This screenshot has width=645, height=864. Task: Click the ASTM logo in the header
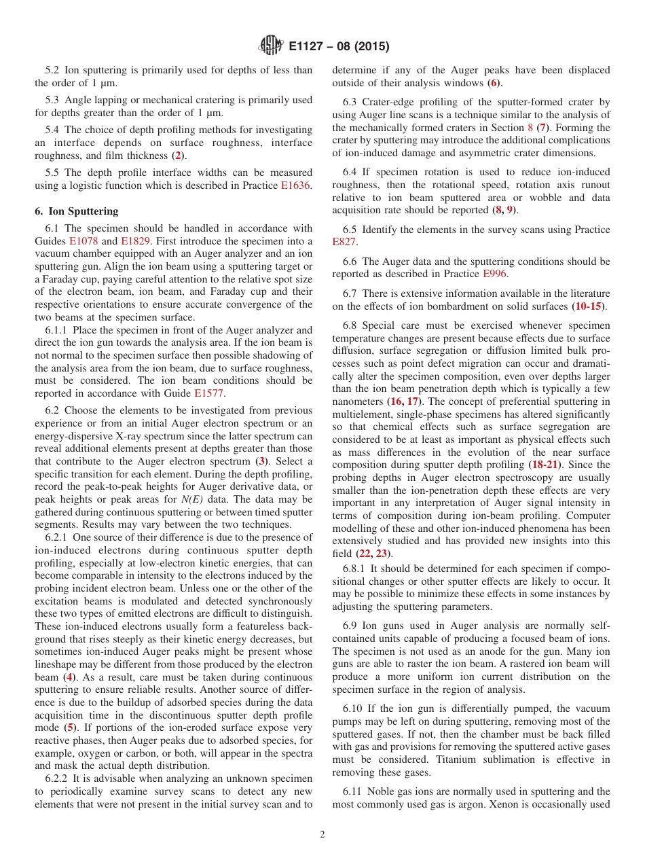[271, 46]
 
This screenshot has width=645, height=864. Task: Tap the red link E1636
[296, 185]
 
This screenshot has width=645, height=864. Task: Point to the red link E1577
[210, 393]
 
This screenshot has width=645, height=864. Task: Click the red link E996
[494, 274]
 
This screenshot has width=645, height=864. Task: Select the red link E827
[344, 242]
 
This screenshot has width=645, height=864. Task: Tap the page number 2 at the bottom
[322, 835]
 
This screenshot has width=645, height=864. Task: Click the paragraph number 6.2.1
[57, 537]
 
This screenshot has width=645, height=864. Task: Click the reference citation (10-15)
[589, 306]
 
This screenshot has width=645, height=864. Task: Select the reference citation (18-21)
[549, 465]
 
